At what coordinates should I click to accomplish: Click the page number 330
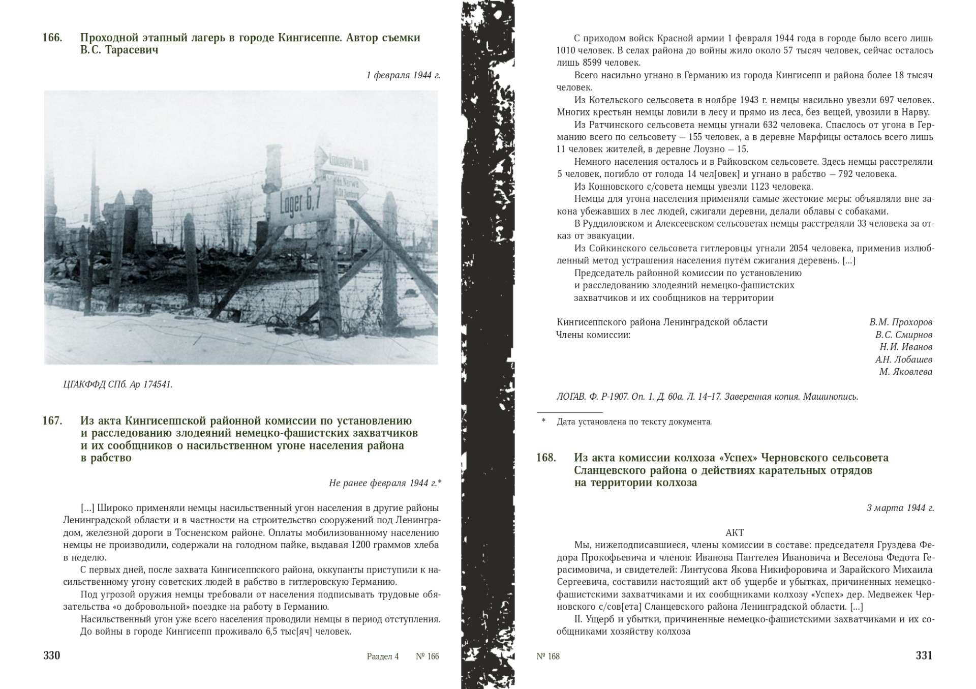click(x=52, y=655)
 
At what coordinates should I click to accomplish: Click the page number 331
click(x=924, y=655)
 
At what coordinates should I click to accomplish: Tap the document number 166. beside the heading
click(x=52, y=38)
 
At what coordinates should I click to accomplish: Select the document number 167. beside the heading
click(x=52, y=421)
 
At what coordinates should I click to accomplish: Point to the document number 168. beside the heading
click(x=546, y=458)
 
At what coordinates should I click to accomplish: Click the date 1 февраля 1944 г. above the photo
click(x=403, y=75)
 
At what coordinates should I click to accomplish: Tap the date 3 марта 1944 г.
click(x=900, y=507)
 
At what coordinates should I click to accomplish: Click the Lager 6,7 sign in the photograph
click(x=300, y=206)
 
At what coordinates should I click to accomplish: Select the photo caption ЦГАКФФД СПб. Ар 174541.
click(x=118, y=384)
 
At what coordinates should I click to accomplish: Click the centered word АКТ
click(x=735, y=532)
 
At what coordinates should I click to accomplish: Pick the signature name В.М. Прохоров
click(x=901, y=322)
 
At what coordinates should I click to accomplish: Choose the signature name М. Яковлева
click(x=906, y=372)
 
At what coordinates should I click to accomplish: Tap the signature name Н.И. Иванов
click(x=906, y=347)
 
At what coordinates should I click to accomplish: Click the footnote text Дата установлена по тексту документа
click(x=634, y=422)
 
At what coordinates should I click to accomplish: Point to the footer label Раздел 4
click(x=383, y=656)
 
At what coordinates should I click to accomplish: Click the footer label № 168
click(x=548, y=656)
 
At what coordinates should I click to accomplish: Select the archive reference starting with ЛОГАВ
click(x=707, y=397)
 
